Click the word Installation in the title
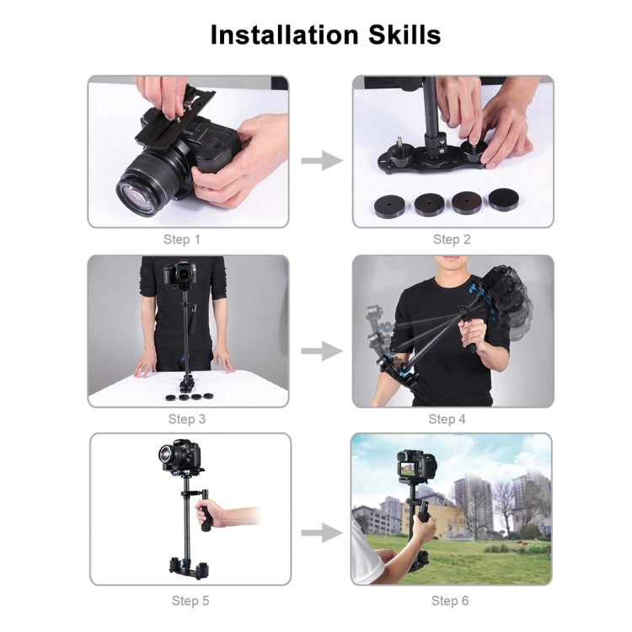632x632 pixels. point(281,35)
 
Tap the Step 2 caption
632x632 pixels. point(452,239)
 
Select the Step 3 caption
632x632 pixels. point(187,419)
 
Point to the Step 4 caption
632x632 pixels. point(447,419)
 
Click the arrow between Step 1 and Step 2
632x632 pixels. point(321,160)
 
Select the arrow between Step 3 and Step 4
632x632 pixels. point(321,351)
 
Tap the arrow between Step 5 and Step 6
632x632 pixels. point(321,533)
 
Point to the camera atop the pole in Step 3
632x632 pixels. point(181,271)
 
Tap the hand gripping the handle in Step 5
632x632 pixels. point(204,513)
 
